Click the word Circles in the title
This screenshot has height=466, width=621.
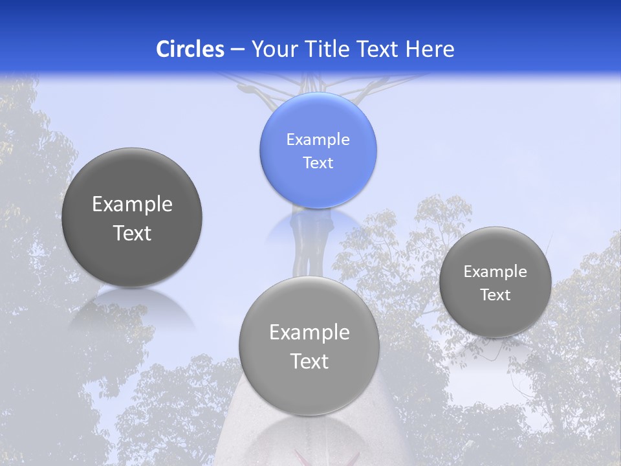pyautogui.click(x=190, y=49)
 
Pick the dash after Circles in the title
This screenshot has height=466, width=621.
pyautogui.click(x=237, y=50)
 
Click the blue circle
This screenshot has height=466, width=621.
pyautogui.click(x=318, y=150)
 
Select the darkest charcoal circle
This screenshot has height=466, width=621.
pyautogui.click(x=132, y=217)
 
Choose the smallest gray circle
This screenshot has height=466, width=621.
pyautogui.click(x=495, y=282)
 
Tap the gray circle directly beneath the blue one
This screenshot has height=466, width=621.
pyautogui.click(x=309, y=346)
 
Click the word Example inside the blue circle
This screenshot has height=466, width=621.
pyautogui.click(x=318, y=139)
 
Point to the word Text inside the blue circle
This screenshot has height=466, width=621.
pyautogui.click(x=318, y=162)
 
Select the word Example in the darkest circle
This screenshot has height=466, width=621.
pyautogui.click(x=132, y=205)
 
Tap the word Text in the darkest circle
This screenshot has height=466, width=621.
pyautogui.click(x=132, y=233)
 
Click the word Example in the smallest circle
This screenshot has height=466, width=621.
pyautogui.click(x=495, y=271)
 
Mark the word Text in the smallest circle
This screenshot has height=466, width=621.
pyautogui.click(x=495, y=294)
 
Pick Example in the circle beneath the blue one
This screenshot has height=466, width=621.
pyautogui.click(x=309, y=332)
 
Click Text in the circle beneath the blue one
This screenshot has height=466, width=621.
pyautogui.click(x=309, y=361)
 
